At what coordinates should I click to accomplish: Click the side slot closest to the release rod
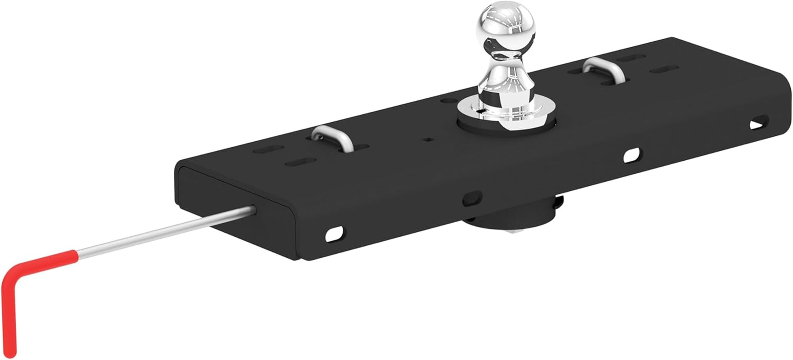(x=334, y=233)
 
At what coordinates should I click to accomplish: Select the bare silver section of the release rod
(x=167, y=232)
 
